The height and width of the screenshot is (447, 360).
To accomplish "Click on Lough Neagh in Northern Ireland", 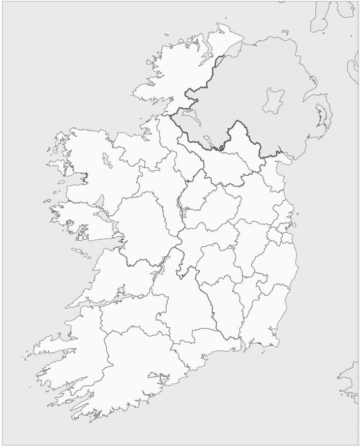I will pos(274,101).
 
